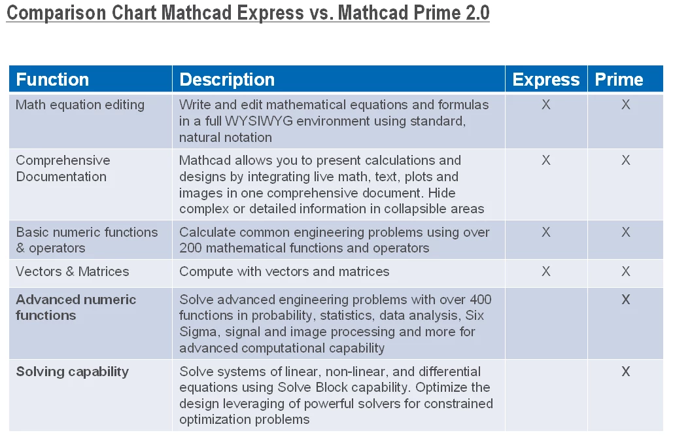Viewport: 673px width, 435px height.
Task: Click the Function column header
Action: tap(52, 80)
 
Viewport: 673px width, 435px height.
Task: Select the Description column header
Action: tap(227, 80)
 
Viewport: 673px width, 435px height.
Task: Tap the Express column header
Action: tap(546, 80)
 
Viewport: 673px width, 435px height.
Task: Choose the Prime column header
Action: tap(619, 80)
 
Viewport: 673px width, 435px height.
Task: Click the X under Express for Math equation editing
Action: tap(546, 105)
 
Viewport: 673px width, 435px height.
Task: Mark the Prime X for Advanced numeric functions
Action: tap(626, 300)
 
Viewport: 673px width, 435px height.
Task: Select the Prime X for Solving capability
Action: tap(626, 372)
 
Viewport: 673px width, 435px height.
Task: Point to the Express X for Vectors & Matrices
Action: tap(546, 271)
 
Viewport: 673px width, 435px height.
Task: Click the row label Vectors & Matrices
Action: tap(73, 271)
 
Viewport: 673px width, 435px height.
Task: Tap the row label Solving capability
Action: tap(73, 372)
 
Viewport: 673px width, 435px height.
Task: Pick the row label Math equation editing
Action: tap(80, 105)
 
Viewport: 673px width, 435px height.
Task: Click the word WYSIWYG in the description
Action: tap(259, 121)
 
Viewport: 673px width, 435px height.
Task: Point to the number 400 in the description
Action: tap(481, 300)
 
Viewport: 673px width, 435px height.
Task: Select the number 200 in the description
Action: tap(190, 248)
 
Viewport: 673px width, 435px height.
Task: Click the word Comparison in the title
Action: tap(56, 13)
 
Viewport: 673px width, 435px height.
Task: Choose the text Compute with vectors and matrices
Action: tap(284, 271)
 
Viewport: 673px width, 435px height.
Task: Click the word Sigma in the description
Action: tap(199, 332)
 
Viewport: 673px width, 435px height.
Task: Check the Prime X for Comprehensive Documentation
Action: tap(626, 160)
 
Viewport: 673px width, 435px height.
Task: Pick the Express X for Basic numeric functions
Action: tap(546, 232)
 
